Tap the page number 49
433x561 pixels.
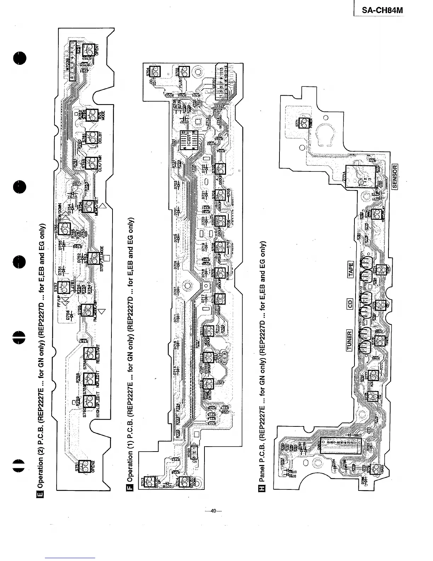click(213, 511)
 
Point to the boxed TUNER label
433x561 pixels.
click(350, 340)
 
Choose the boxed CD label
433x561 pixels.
click(350, 304)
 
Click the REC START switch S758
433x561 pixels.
click(90, 355)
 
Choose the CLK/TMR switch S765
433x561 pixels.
click(91, 163)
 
